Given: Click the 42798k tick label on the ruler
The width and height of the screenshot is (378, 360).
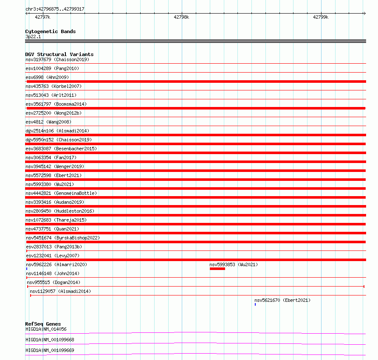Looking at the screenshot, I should tap(181, 17).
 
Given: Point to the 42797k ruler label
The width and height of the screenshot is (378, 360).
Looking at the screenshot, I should tap(42, 17).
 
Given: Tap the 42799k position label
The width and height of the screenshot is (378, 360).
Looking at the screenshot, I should tap(321, 17).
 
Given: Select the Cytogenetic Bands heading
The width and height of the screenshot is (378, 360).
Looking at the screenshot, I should tap(51, 31).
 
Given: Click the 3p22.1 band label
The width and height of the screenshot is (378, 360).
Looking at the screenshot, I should tap(34, 37).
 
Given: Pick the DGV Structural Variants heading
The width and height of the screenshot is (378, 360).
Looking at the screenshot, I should tap(59, 54).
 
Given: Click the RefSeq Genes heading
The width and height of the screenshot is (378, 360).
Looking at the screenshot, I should tap(43, 324).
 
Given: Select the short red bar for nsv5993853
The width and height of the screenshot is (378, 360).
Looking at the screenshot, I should tap(217, 269).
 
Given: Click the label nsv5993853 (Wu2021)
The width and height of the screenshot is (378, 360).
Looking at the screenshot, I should tap(234, 264).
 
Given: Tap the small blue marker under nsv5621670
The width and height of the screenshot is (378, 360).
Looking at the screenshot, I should tap(255, 304).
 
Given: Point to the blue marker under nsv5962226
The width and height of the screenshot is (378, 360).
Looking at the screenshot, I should tap(27, 269).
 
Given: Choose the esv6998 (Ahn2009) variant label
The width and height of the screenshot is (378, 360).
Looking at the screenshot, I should tap(47, 77).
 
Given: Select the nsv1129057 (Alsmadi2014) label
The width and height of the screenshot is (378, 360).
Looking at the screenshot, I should tap(60, 291).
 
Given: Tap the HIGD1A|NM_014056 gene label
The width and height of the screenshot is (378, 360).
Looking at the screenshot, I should tap(46, 329).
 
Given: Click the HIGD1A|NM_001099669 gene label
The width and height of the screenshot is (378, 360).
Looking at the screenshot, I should tap(50, 350).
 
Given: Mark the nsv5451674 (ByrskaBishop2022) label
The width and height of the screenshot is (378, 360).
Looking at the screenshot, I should tap(62, 238).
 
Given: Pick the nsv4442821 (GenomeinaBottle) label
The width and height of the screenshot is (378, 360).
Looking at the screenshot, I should tap(61, 193).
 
